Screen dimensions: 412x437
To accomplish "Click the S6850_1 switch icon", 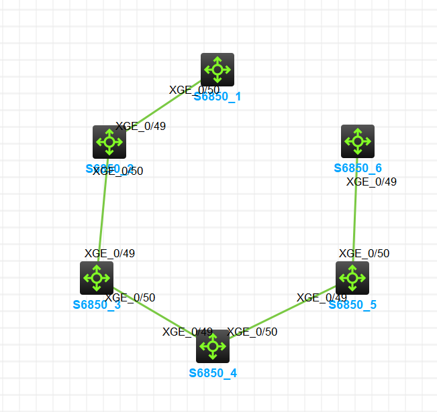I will (x=217, y=70).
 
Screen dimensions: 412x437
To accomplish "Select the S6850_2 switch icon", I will (x=109, y=142).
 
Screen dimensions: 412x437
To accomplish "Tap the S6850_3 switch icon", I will (x=97, y=277).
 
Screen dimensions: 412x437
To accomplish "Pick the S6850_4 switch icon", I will (x=213, y=346).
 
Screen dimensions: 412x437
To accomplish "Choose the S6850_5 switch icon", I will (x=352, y=277).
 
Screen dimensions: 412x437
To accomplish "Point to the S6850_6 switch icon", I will (x=358, y=141).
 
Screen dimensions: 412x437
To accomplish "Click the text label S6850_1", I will (x=217, y=96).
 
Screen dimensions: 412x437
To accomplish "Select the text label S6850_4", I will (x=213, y=373).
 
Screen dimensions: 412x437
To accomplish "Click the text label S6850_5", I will (x=352, y=305).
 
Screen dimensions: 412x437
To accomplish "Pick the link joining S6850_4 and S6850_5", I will (x=282, y=313).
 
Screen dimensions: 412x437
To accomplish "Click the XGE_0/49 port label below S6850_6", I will (x=371, y=182).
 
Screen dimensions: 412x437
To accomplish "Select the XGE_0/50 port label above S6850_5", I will (x=364, y=253).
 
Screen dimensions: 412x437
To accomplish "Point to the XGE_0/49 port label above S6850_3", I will (x=109, y=253).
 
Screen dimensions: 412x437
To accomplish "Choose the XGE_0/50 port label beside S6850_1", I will (x=193, y=90).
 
